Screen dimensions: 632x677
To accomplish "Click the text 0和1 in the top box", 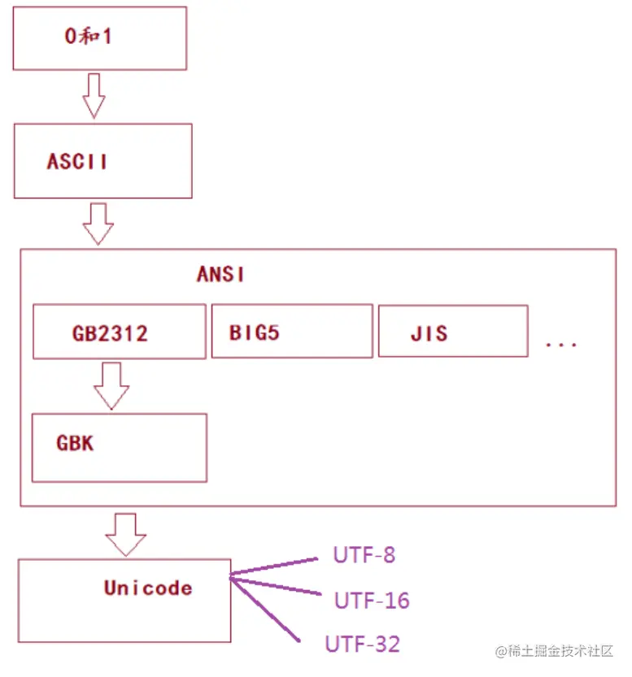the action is click(88, 36).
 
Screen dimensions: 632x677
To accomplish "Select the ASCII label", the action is click(77, 162).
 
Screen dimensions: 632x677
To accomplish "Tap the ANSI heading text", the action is click(220, 274).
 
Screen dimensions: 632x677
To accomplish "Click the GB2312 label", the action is click(110, 334).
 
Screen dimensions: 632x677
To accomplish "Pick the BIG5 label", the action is click(255, 333).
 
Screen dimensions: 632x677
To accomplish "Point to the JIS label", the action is click(429, 334).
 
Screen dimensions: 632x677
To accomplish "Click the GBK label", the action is click(75, 443).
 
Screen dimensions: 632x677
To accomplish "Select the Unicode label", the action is click(148, 588).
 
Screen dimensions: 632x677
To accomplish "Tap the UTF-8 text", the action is click(364, 555).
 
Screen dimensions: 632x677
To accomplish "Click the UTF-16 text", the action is click(372, 601).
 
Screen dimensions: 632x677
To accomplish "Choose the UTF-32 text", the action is click(363, 644).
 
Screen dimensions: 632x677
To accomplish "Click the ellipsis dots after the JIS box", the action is click(561, 345).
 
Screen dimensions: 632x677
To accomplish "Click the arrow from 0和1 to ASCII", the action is click(94, 95).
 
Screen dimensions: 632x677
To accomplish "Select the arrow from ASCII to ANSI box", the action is click(98, 224).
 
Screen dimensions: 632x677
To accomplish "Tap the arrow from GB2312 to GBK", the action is click(111, 385).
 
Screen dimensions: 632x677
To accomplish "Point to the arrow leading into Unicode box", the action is click(126, 535).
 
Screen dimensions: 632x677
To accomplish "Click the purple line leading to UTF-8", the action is click(274, 566).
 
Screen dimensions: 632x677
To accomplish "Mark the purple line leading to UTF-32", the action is click(265, 610).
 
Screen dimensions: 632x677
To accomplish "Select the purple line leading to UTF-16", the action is click(276, 586).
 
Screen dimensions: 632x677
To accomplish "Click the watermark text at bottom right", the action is click(554, 651).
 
